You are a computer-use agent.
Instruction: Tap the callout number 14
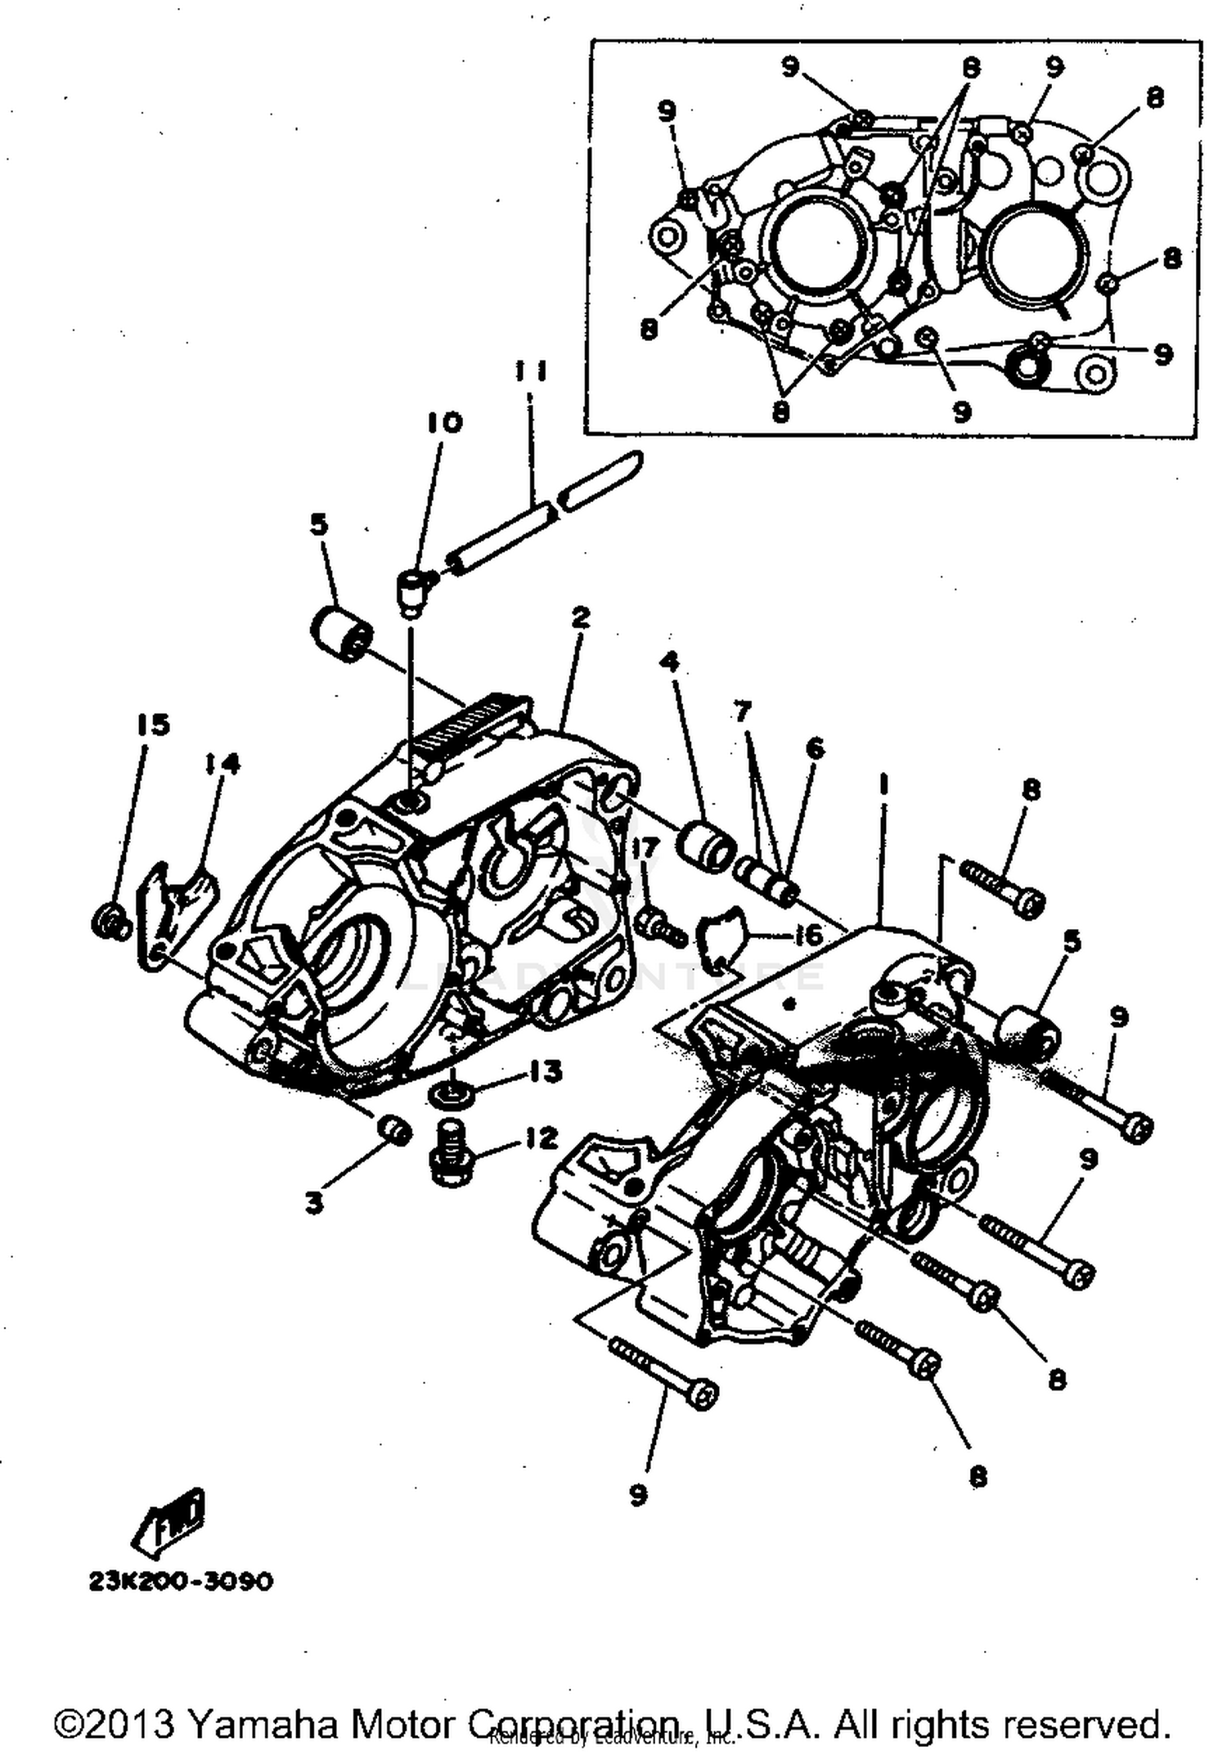[x=222, y=764]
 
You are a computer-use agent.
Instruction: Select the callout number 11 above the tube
[x=531, y=371]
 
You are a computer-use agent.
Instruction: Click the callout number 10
[x=444, y=422]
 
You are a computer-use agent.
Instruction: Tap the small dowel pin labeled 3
[x=393, y=1132]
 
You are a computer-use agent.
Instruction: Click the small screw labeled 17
[x=658, y=927]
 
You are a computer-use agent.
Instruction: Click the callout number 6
[x=815, y=748]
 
